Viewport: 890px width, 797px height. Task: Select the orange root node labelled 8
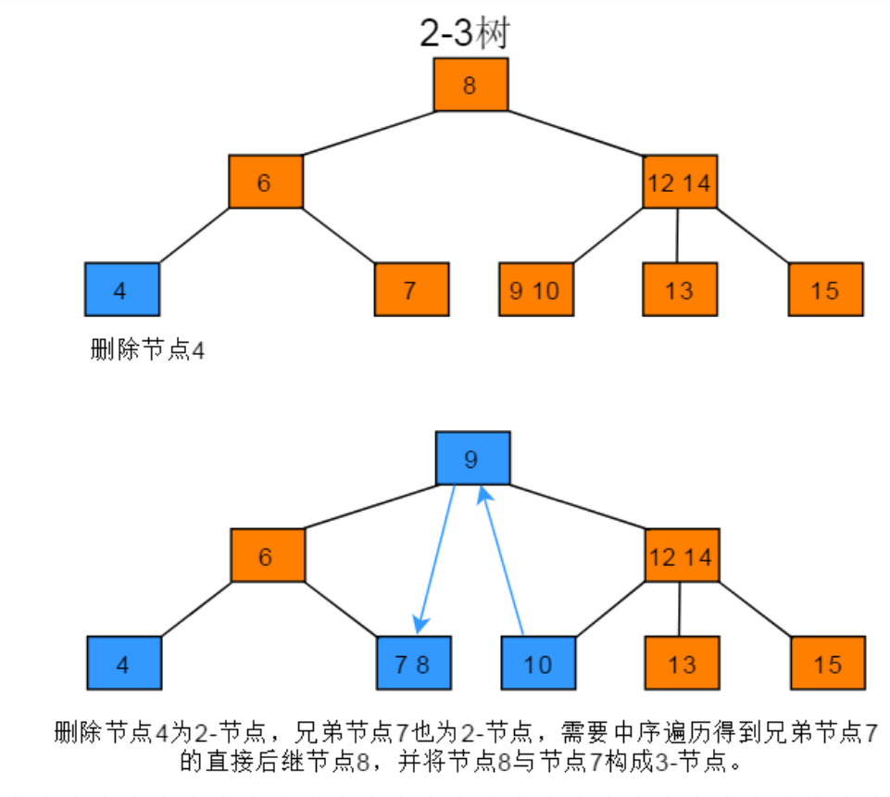(x=470, y=85)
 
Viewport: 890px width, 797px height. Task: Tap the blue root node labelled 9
(x=472, y=459)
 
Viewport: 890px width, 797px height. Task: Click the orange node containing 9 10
(x=535, y=290)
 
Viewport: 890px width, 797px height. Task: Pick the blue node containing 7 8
(x=413, y=664)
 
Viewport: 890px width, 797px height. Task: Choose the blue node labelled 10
(x=538, y=664)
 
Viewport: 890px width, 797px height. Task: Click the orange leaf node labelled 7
(x=410, y=290)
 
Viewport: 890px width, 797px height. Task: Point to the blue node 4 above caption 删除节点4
(x=121, y=290)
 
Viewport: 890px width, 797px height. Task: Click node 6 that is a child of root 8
(x=266, y=182)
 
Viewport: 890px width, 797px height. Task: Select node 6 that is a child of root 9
(x=268, y=556)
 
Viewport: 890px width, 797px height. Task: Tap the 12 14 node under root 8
(x=680, y=182)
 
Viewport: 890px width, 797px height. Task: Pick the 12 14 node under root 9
(x=682, y=556)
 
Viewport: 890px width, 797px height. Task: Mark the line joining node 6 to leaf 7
(x=339, y=236)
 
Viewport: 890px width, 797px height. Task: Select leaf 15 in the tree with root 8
(x=825, y=290)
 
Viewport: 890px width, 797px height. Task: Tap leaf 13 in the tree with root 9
(x=682, y=664)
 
